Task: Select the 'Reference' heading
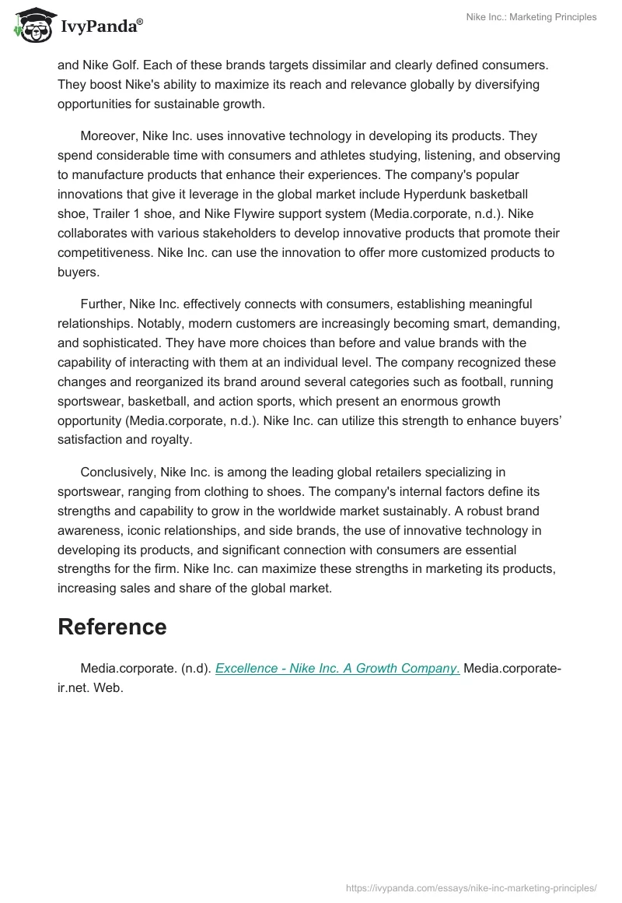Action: [112, 627]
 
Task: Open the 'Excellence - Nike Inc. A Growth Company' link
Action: [337, 669]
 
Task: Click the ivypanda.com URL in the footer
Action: [471, 887]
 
